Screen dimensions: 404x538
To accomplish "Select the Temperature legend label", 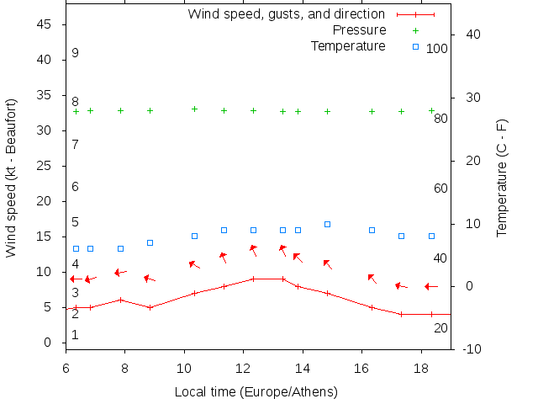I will [348, 45].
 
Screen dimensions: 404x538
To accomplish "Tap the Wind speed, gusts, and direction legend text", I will [286, 14].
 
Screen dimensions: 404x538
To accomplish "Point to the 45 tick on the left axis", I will [45, 25].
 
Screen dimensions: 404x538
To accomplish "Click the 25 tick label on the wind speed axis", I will [45, 167].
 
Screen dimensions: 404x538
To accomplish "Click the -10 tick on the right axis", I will [472, 349].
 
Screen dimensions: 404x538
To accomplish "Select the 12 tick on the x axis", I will [243, 368].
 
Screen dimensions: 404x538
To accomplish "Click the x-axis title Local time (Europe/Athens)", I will [256, 392].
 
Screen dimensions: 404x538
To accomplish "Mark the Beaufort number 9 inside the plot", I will [75, 53].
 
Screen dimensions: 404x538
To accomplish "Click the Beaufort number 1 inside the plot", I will [75, 335].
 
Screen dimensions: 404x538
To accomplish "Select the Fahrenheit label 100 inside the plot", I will [437, 49].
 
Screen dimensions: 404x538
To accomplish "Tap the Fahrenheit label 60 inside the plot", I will [440, 189].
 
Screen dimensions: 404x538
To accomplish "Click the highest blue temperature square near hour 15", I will [327, 225].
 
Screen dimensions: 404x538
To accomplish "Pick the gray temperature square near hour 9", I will [150, 242].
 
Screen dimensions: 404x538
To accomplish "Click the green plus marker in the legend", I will [415, 30].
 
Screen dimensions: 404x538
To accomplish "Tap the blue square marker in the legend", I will [415, 45].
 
